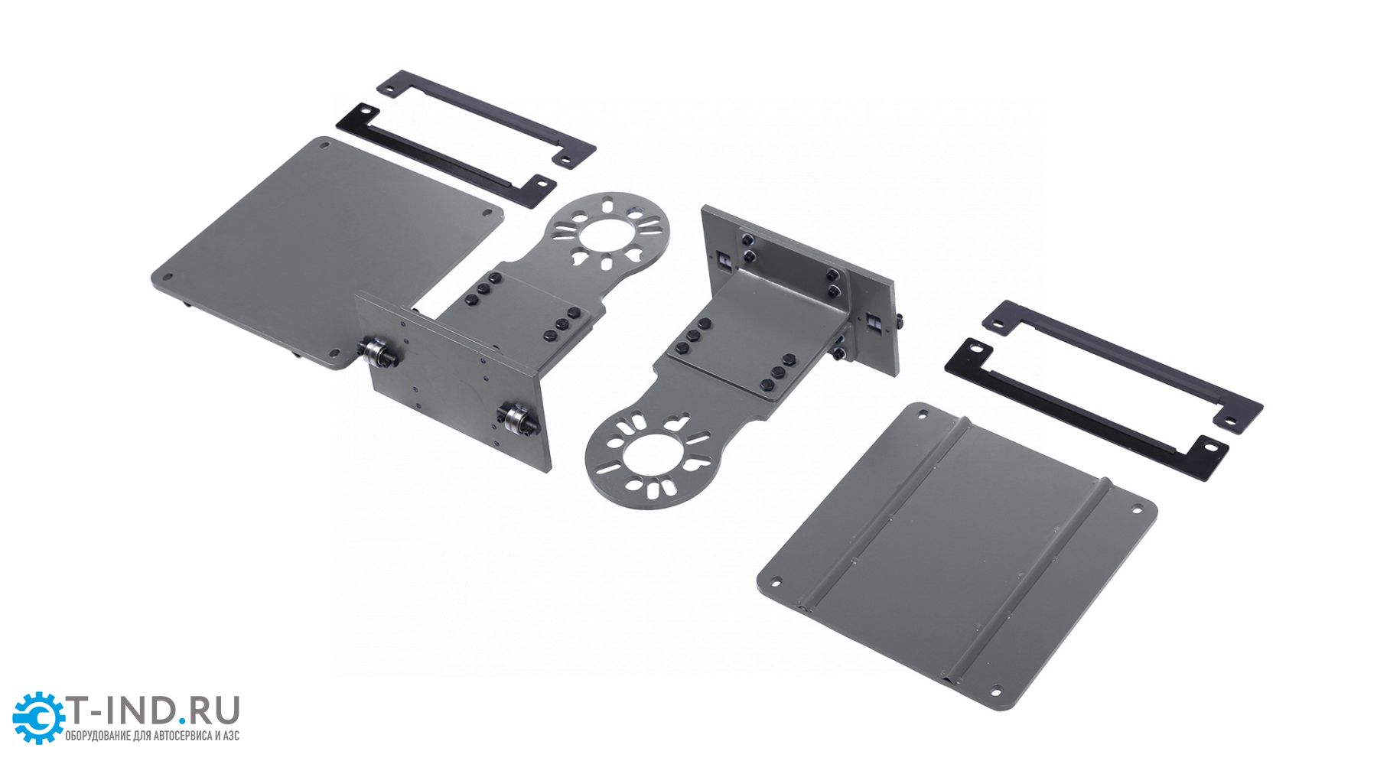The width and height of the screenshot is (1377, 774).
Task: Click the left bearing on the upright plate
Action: tap(378, 353)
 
